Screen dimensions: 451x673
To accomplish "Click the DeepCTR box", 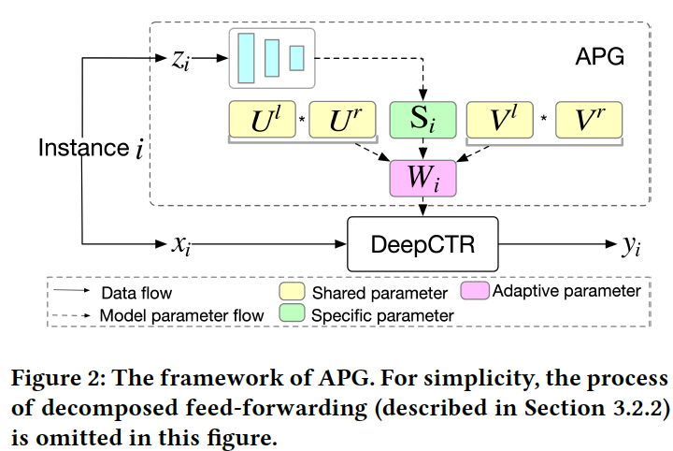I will tap(422, 246).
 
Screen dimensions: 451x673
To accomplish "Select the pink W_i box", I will tap(423, 177).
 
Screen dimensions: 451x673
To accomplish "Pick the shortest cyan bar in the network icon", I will tap(297, 57).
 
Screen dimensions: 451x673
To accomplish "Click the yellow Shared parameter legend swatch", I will tap(293, 294).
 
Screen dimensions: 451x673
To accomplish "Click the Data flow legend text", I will tap(136, 293).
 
